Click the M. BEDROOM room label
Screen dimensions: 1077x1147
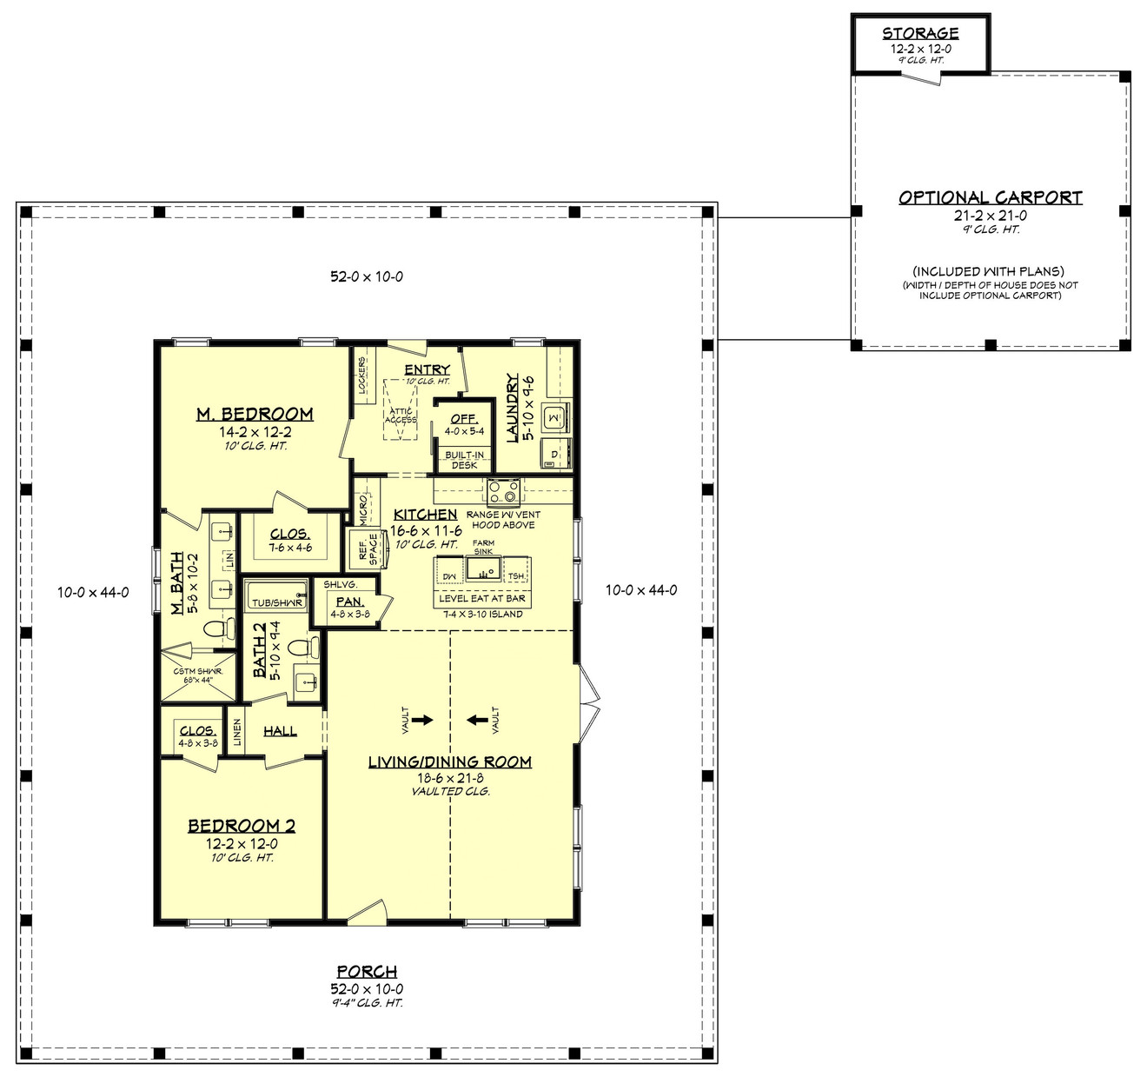tap(255, 414)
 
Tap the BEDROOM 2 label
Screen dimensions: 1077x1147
tap(242, 825)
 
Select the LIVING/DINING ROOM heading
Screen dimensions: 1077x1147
tap(450, 761)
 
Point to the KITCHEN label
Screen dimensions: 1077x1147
tap(425, 515)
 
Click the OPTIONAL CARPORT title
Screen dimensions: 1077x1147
tap(991, 197)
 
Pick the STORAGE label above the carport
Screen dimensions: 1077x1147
tap(920, 33)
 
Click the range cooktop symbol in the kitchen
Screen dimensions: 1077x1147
tap(503, 492)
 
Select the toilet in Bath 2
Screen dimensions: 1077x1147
tap(302, 648)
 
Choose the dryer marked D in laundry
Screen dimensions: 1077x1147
tap(554, 453)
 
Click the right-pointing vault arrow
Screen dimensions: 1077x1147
tap(422, 720)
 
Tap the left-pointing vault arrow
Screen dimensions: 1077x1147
tap(476, 720)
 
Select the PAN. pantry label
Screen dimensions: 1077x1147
tap(350, 602)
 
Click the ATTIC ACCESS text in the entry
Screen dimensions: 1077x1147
tap(401, 416)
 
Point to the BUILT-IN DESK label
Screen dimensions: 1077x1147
tap(465, 460)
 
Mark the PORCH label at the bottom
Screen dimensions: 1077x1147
tap(367, 971)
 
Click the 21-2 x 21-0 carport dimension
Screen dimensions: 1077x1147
tap(991, 215)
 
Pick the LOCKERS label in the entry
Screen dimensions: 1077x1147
tap(362, 375)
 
